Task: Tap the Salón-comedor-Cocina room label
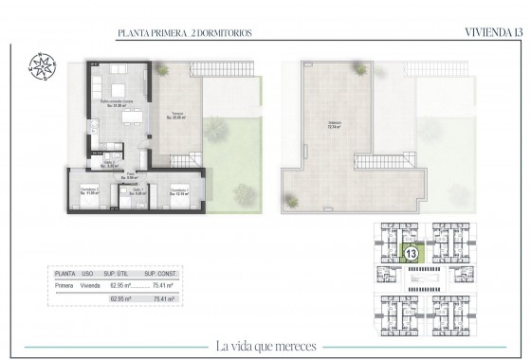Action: (x=118, y=102)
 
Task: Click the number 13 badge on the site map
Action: (x=412, y=254)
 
